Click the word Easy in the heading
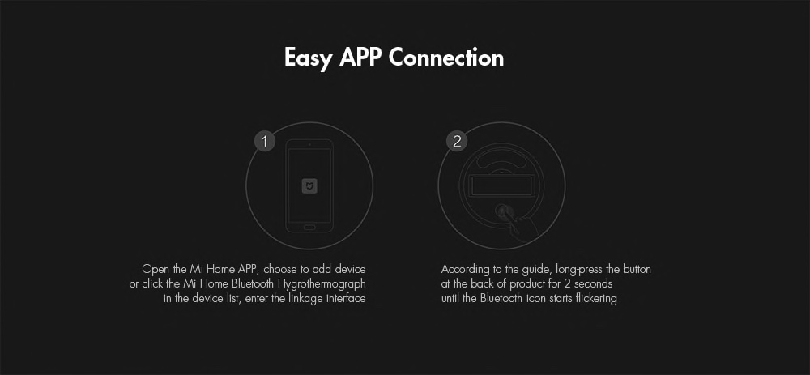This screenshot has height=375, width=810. (307, 58)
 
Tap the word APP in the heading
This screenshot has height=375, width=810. (360, 57)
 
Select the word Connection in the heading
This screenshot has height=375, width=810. (446, 57)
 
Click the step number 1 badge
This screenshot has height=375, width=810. (265, 142)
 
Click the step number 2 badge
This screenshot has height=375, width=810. (457, 142)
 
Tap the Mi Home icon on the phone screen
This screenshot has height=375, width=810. (309, 186)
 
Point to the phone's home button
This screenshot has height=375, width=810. (309, 227)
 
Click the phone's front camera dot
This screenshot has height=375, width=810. (309, 144)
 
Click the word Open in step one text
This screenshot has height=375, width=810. (153, 270)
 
